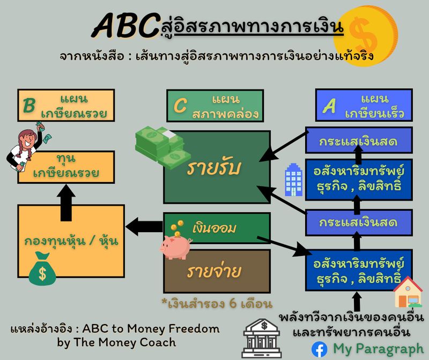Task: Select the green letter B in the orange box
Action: (28, 106)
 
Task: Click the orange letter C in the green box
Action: (181, 106)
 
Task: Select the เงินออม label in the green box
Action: (216, 228)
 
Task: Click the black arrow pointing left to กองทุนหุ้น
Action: (143, 226)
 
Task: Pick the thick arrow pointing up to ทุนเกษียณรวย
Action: (66, 203)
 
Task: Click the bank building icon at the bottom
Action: (262, 338)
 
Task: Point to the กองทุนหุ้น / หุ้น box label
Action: (71, 241)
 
